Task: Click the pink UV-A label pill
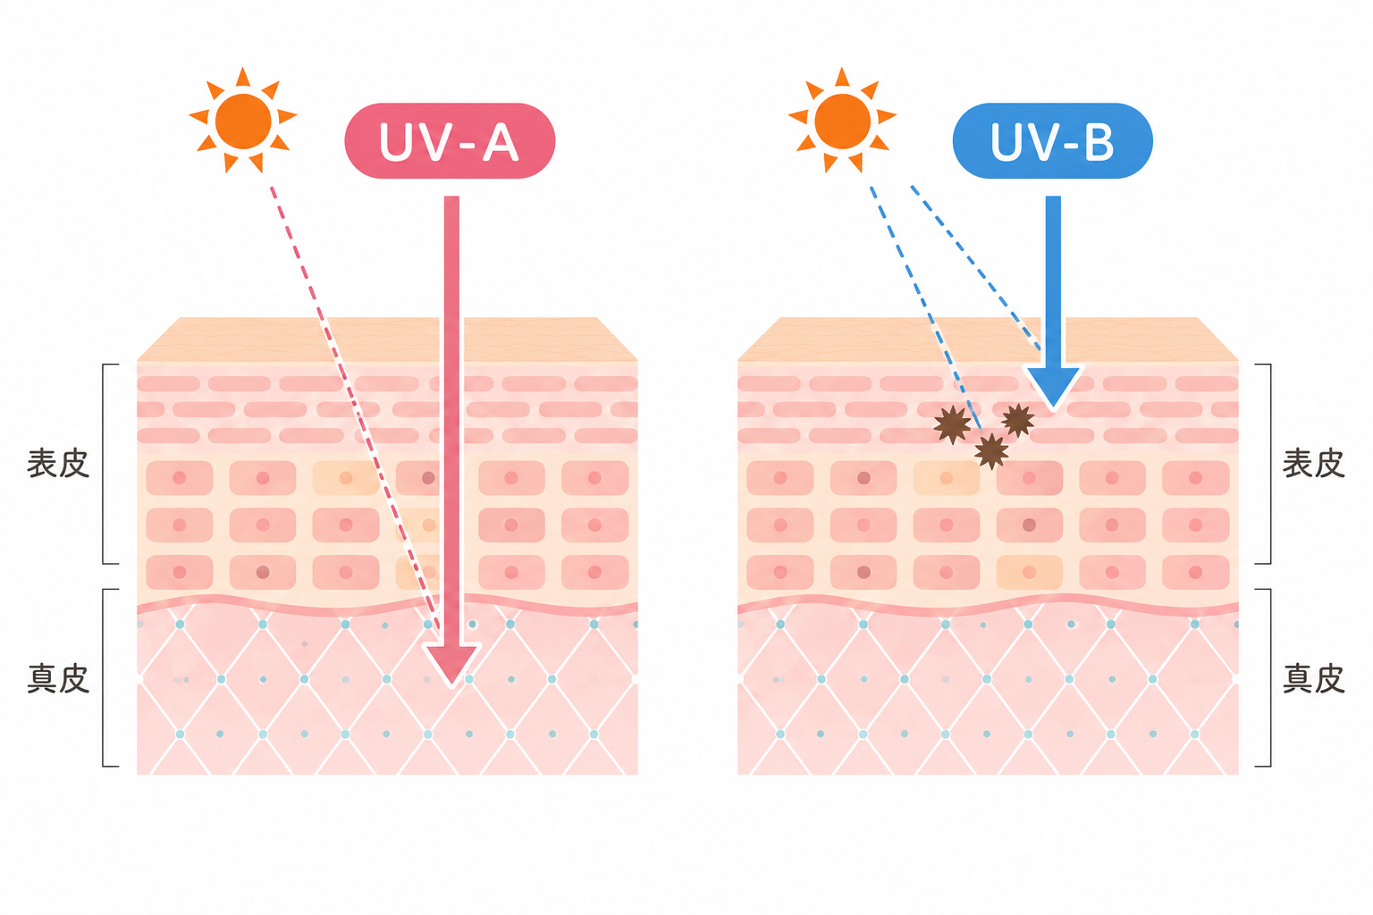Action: (x=450, y=141)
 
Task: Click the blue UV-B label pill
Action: (x=1052, y=141)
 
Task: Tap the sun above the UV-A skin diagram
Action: (x=243, y=120)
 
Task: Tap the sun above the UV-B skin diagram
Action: (x=842, y=120)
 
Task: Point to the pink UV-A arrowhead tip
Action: (x=451, y=685)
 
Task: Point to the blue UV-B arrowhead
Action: (x=1053, y=386)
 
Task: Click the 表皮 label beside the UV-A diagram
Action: (x=58, y=464)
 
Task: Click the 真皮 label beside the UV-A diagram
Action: (x=58, y=678)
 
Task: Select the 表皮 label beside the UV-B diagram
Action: (x=1313, y=464)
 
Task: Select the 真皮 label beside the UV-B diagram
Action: (x=1313, y=678)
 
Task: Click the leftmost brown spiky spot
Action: (x=952, y=424)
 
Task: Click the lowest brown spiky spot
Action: (x=991, y=451)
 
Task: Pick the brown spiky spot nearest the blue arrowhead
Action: (x=1018, y=421)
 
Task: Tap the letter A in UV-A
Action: (x=501, y=142)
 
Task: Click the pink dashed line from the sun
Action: (x=356, y=408)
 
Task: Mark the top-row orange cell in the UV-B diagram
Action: (x=946, y=478)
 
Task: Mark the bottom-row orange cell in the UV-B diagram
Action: (x=1029, y=573)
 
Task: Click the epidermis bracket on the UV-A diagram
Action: (x=103, y=464)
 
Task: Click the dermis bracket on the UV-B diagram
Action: (x=1270, y=678)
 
